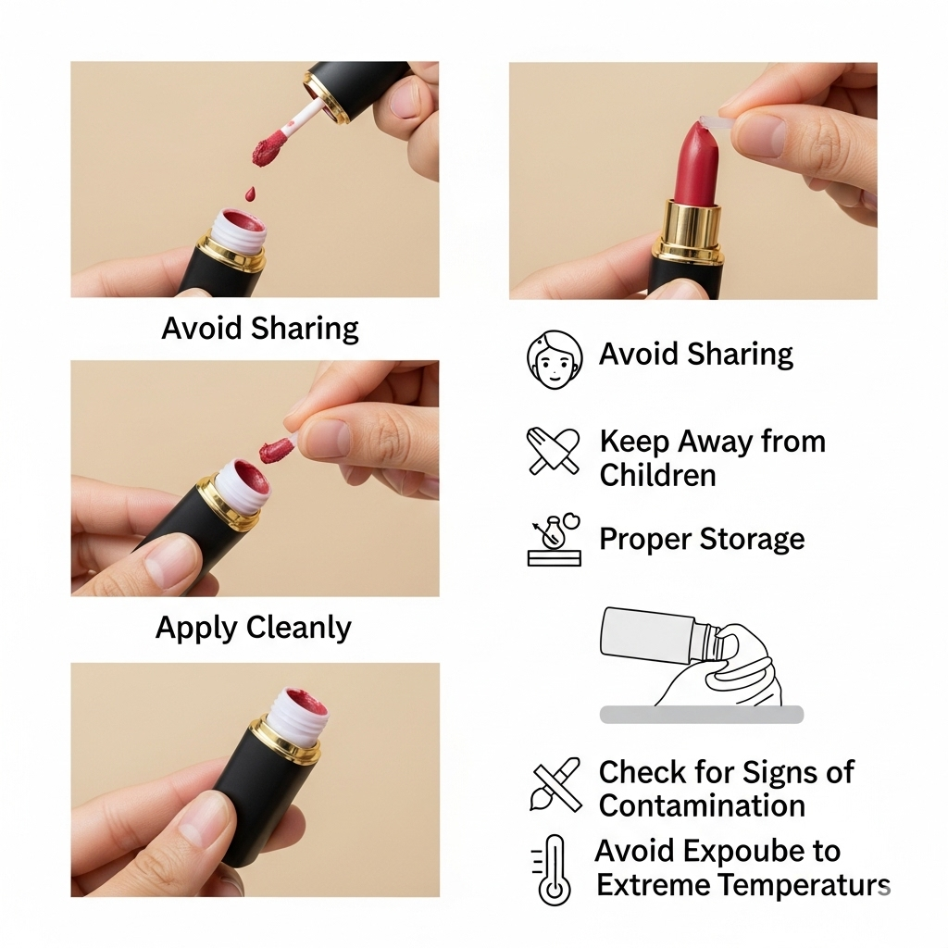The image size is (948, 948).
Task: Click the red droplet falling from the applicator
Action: pyautogui.click(x=250, y=193)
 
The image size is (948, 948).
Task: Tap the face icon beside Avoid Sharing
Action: pyautogui.click(x=555, y=359)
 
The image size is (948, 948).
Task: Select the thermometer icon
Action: pyautogui.click(x=553, y=870)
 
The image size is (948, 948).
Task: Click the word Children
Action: pyautogui.click(x=658, y=475)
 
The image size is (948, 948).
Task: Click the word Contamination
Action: pyautogui.click(x=702, y=805)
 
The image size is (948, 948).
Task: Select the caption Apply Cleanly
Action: pyautogui.click(x=254, y=628)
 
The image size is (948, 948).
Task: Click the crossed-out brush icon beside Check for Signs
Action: pyautogui.click(x=555, y=784)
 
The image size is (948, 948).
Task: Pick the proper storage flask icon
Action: pyautogui.click(x=554, y=540)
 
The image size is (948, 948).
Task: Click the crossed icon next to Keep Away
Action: pyautogui.click(x=554, y=451)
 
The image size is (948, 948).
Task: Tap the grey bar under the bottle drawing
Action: pyautogui.click(x=702, y=715)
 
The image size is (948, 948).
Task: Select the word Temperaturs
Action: pyautogui.click(x=806, y=885)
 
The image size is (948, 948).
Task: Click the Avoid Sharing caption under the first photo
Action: pyautogui.click(x=260, y=329)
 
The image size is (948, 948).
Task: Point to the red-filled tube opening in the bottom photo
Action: pyautogui.click(x=305, y=705)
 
